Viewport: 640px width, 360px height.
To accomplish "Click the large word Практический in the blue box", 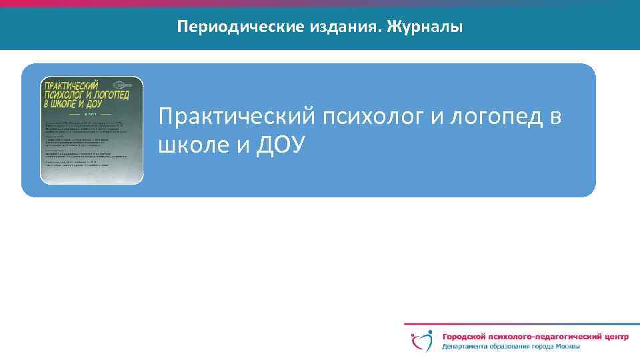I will point(237,118).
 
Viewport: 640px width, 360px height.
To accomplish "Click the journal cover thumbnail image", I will point(92,130).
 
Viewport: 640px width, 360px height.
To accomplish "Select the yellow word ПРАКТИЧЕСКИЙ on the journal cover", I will point(70,85).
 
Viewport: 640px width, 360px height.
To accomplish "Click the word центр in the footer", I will point(613,337).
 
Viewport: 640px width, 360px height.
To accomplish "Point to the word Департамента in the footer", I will point(467,347).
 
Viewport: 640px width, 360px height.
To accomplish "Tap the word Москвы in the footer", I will point(567,347).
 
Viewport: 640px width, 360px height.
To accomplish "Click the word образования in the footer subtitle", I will point(513,347).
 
